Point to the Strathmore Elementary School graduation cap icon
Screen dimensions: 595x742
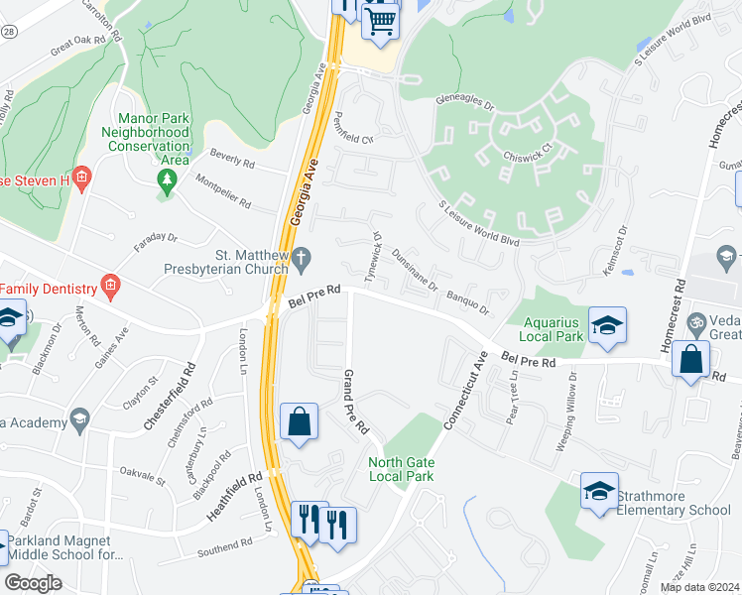click(x=599, y=491)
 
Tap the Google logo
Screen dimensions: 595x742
click(x=34, y=583)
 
